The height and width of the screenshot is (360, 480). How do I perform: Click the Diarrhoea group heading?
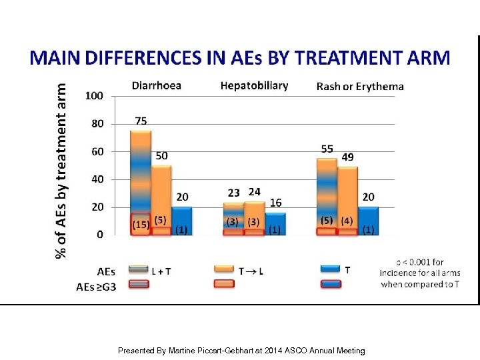point(157,85)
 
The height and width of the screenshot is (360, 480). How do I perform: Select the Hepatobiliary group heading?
point(254,85)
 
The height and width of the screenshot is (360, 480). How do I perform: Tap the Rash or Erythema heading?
point(360,86)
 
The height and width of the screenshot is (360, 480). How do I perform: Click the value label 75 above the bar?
point(141,121)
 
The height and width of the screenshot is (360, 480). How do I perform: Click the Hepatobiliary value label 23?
point(233,193)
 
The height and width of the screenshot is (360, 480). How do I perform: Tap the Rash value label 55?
point(327,149)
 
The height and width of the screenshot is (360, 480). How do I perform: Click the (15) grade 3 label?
point(141,225)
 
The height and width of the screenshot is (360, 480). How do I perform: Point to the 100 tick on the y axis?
point(94,96)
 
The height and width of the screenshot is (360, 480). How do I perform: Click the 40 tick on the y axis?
point(97,179)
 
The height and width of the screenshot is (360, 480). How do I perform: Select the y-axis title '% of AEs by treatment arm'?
point(61,170)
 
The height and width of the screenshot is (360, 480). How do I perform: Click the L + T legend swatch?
point(139,269)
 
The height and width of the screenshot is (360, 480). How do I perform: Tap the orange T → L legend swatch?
point(224,269)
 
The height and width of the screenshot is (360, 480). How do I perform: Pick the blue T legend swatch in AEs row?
point(331,269)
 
